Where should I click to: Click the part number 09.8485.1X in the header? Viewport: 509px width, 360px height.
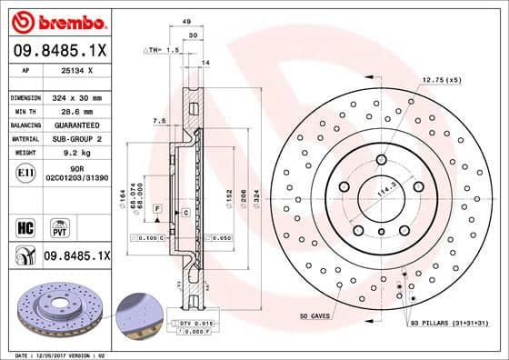click(57, 51)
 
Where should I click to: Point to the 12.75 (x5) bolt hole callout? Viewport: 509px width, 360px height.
click(440, 81)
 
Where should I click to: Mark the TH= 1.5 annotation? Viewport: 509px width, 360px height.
click(162, 49)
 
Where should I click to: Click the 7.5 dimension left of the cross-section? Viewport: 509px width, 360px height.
click(159, 120)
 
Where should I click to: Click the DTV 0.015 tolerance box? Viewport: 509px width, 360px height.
click(196, 324)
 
